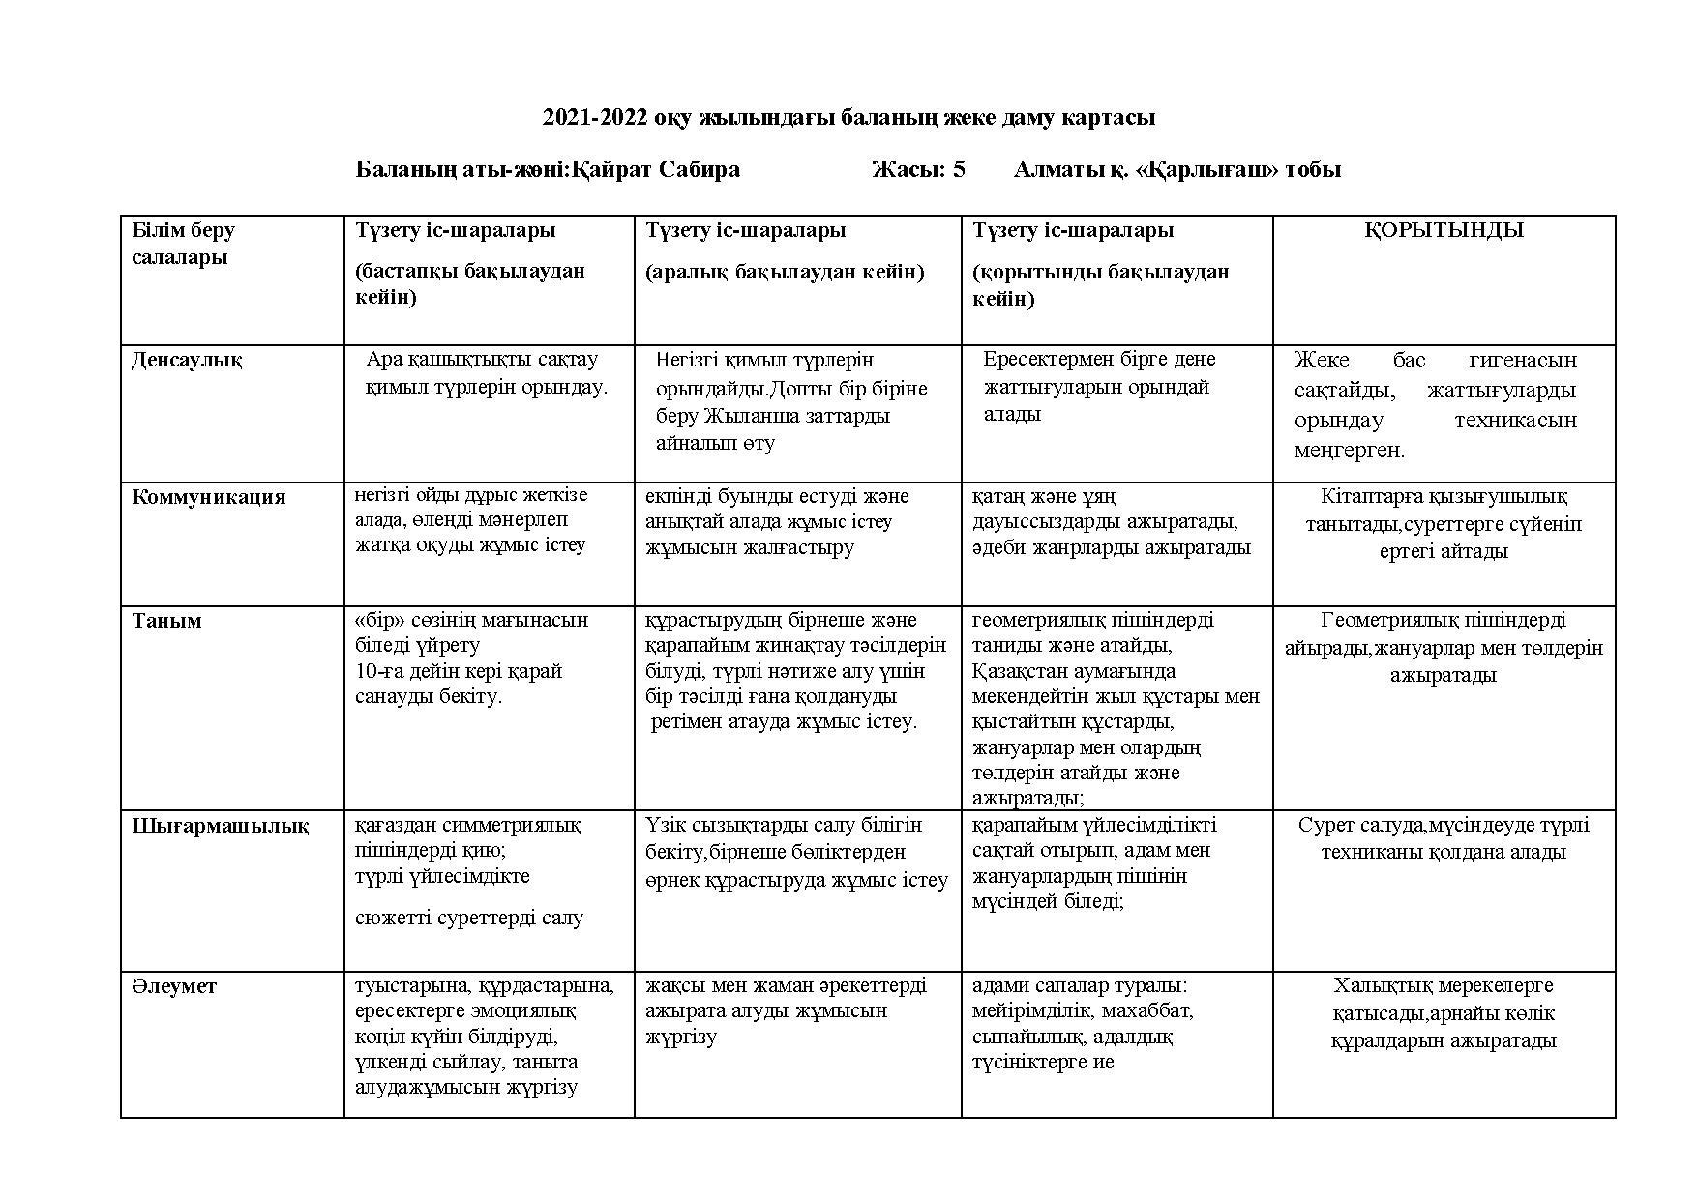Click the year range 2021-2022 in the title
pos(595,118)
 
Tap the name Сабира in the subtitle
pos(700,170)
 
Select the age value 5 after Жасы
pos(958,170)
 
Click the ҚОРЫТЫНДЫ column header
pos(1444,231)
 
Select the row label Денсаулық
pos(187,361)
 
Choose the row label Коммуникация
pos(209,497)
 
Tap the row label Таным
pos(166,621)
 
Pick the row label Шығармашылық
pos(221,827)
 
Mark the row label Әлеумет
pos(174,987)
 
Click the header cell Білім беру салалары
pos(183,244)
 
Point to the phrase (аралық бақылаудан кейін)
pos(785,273)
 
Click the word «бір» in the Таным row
pos(377,620)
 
